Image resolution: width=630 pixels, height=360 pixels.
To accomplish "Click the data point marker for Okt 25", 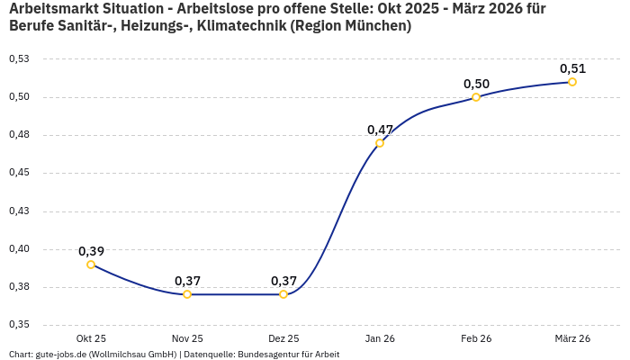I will tap(91, 265).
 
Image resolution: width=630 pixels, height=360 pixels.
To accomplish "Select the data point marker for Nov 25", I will tap(187, 294).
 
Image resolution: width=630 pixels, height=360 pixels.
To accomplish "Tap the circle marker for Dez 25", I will tap(283, 294).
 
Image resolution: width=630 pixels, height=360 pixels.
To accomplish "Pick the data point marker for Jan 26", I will tap(380, 143).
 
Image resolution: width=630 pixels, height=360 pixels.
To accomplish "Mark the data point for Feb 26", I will tap(476, 97).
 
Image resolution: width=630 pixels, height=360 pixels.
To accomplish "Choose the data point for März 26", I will tap(572, 82).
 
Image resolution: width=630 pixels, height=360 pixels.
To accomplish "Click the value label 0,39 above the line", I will tap(91, 251).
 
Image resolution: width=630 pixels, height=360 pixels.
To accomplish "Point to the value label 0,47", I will tap(380, 130).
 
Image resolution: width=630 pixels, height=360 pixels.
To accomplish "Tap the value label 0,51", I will tap(572, 68).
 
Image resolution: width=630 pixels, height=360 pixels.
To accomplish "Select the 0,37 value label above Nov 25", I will tap(187, 281).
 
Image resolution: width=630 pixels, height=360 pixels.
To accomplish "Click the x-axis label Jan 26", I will tap(380, 338).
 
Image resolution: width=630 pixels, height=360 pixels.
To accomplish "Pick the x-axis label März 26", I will tap(572, 338).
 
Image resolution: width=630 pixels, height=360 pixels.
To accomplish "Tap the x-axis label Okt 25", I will tap(91, 338).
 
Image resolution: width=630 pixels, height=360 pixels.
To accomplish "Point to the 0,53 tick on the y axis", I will tap(19, 58).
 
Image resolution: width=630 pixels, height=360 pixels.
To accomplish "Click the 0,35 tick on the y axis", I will tap(19, 325).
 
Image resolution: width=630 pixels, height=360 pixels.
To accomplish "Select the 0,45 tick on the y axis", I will tap(19, 173).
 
